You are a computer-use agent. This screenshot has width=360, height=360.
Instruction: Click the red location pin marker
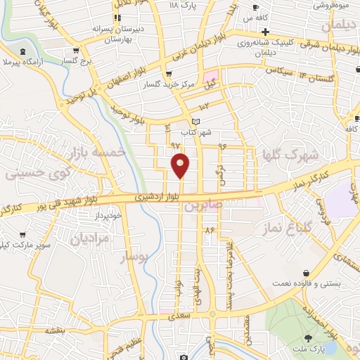[x=181, y=165]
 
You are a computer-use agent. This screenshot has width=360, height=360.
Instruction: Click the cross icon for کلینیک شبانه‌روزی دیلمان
[x=265, y=32]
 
